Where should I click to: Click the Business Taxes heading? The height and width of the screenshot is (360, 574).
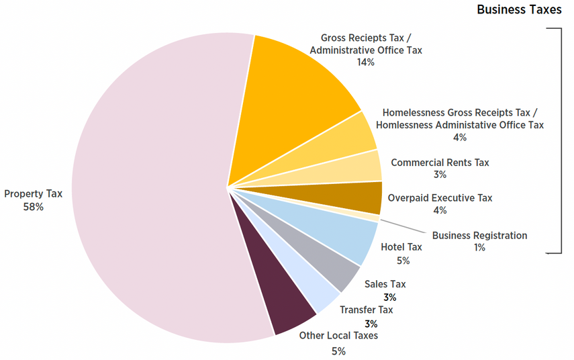click(518, 10)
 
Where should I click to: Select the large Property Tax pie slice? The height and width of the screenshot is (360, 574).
click(148, 188)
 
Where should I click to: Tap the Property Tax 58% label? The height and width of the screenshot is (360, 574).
click(33, 200)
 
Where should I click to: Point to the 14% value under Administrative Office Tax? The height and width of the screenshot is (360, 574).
click(366, 62)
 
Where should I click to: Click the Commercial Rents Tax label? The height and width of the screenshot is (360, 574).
click(440, 163)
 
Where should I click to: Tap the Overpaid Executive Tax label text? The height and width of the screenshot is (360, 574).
click(440, 197)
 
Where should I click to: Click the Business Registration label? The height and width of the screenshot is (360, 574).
click(479, 236)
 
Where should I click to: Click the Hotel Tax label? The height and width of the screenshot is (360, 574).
click(401, 247)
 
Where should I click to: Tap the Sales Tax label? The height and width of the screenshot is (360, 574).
click(385, 284)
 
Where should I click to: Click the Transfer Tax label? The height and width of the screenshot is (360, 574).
click(366, 310)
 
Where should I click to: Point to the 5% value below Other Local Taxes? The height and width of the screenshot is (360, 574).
click(338, 351)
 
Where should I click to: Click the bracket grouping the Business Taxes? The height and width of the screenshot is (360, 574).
click(559, 141)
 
